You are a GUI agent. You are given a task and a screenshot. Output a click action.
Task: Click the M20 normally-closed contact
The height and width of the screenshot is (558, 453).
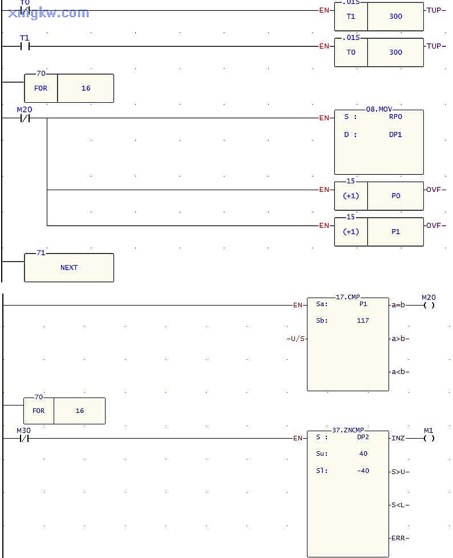tap(25, 118)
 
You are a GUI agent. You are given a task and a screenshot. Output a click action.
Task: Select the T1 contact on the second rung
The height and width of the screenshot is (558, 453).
tap(25, 46)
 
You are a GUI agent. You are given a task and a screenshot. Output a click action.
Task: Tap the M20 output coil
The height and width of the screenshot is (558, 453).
tap(429, 305)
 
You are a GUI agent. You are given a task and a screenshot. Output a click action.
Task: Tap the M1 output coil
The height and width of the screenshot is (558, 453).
tap(429, 439)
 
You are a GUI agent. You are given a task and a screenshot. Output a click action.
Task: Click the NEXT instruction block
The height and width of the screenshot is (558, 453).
tap(69, 267)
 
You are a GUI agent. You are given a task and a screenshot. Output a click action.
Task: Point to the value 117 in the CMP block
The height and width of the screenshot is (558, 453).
tap(362, 320)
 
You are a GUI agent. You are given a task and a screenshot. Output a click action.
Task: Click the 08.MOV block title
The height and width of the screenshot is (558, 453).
tap(379, 109)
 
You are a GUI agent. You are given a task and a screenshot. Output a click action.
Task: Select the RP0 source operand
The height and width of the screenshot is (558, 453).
tap(395, 117)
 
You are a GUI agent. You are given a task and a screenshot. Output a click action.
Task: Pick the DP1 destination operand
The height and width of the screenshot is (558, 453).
tap(395, 135)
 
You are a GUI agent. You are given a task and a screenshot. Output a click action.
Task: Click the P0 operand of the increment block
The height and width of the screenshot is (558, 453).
tap(395, 195)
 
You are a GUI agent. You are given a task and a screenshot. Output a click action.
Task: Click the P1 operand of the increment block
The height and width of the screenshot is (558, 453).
tap(395, 231)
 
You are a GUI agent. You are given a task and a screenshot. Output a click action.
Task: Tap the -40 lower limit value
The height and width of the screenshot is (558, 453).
tap(362, 471)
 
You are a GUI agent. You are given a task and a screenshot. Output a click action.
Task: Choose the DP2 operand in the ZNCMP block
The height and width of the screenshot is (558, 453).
tap(363, 437)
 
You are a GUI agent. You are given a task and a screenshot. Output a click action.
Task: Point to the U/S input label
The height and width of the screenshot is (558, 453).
tap(297, 339)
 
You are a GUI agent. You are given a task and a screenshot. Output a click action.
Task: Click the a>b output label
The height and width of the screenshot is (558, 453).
tap(399, 339)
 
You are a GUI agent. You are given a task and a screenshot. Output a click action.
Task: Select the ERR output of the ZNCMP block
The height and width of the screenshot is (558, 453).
tap(399, 538)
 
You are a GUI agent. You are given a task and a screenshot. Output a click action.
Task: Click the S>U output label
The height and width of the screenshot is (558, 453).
tap(399, 472)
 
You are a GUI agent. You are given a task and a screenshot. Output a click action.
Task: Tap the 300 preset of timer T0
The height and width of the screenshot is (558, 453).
tap(395, 52)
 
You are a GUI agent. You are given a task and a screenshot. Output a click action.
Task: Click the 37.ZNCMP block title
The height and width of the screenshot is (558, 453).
tap(348, 429)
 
